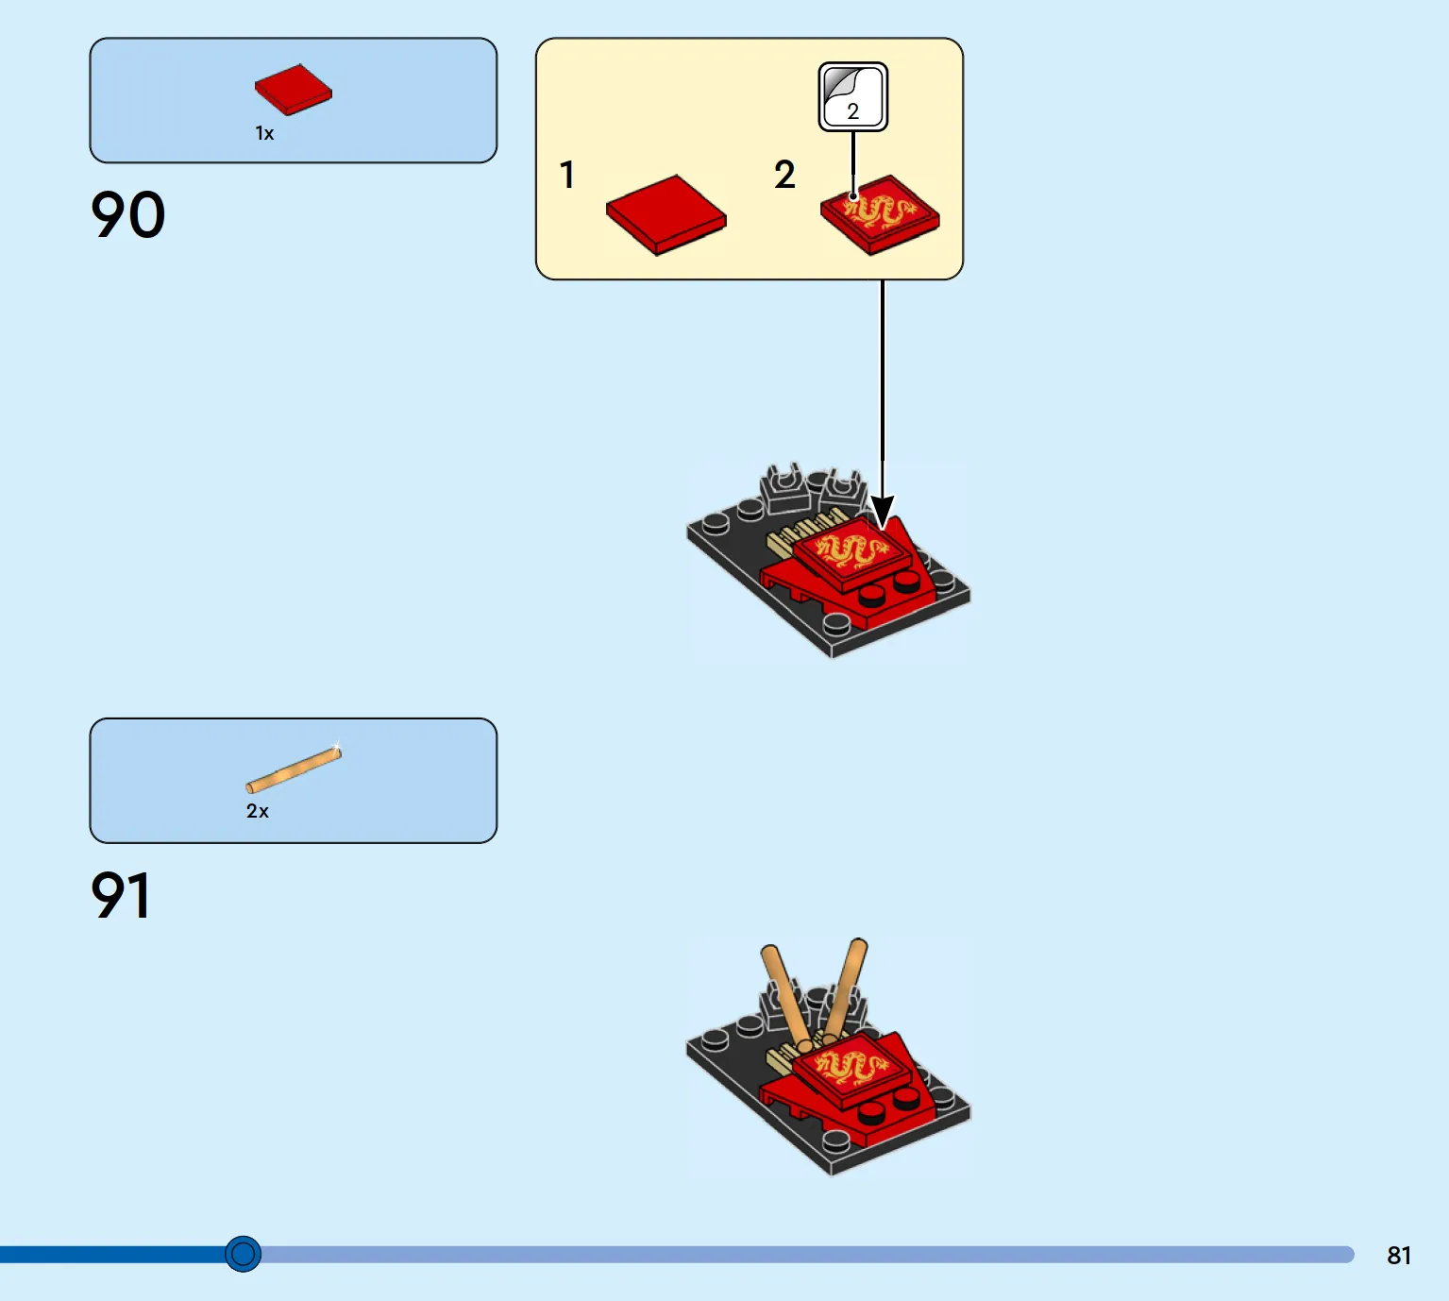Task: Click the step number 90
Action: pos(128,215)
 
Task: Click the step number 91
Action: pos(121,895)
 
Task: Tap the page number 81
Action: pos(1398,1255)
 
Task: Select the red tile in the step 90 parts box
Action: pos(294,90)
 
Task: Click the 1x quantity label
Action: pos(264,134)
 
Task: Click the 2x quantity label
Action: pos(257,811)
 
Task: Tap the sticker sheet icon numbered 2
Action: pos(852,96)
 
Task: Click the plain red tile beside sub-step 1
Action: pos(666,213)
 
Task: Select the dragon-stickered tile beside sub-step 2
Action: pos(880,214)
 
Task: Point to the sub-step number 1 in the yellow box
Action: pos(566,175)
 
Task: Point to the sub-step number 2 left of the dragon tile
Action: pos(784,175)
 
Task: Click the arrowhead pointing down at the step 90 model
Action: pos(882,512)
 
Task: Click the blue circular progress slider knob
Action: pos(244,1254)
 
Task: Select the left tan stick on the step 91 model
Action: pos(784,994)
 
